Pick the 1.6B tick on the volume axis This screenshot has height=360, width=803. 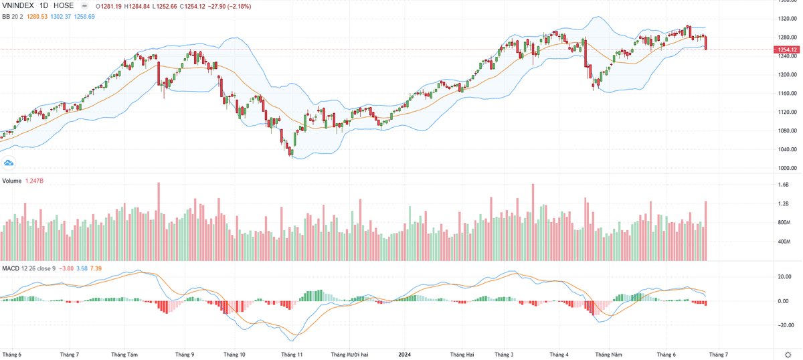pyautogui.click(x=784, y=185)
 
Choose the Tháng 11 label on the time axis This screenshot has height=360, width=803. pyautogui.click(x=292, y=354)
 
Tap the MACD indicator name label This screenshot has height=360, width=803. pyautogui.click(x=11, y=268)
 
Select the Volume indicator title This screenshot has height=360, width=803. pyautogui.click(x=11, y=181)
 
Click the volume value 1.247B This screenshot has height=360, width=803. pyautogui.click(x=35, y=181)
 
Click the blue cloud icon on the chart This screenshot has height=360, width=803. pyautogui.click(x=9, y=163)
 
